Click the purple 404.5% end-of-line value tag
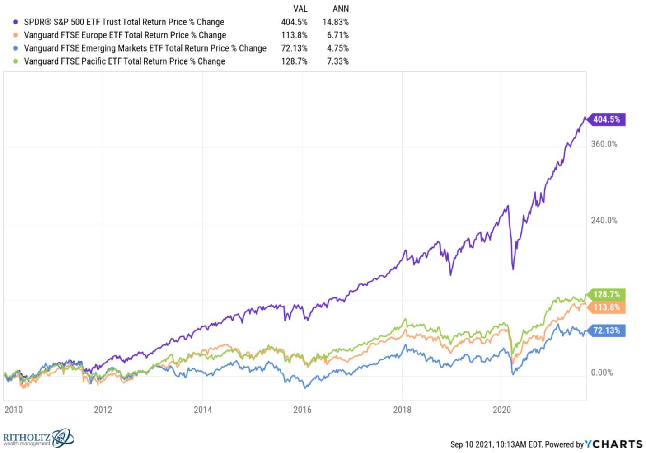click(606, 119)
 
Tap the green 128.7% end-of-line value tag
click(606, 294)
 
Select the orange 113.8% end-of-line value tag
click(606, 307)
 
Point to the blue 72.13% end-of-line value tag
click(606, 330)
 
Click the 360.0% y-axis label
click(604, 144)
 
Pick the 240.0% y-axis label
click(604, 221)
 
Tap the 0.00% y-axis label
click(602, 373)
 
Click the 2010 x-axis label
click(13, 410)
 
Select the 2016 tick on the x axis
click(302, 410)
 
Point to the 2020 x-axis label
click(501, 410)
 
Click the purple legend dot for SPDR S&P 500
click(15, 22)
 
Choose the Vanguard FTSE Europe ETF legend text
click(125, 35)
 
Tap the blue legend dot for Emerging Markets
click(15, 48)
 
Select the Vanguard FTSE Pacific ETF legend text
click(124, 61)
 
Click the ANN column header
click(341, 9)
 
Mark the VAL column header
click(300, 9)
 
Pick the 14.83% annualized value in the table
click(335, 22)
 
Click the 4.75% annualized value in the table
click(337, 48)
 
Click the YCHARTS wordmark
click(613, 444)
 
